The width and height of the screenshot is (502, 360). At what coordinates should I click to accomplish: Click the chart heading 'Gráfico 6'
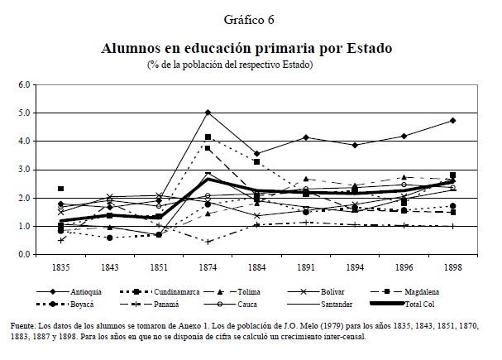coord(249,19)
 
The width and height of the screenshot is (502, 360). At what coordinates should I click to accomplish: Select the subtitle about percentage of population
coord(231,64)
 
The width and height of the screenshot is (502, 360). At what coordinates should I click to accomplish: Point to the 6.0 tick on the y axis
coord(23,84)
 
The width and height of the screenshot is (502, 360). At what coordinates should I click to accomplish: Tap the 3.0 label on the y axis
coord(23,170)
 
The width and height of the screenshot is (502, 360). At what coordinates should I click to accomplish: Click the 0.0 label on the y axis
coord(23,255)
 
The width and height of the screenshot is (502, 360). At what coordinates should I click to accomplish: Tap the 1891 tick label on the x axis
coord(304,267)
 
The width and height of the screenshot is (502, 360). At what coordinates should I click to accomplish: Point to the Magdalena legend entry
coord(420,290)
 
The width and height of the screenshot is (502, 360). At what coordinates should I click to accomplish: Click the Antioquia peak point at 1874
coord(208,113)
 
